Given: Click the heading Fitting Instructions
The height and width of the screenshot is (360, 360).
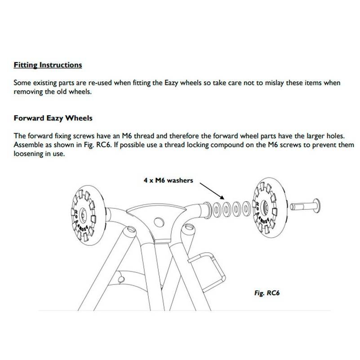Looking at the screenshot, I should [48, 65].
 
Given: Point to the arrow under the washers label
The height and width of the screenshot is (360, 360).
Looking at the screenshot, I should [211, 191].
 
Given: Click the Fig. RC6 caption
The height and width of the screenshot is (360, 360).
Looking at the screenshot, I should [267, 292].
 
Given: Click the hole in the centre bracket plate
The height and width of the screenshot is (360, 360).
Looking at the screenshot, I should [159, 222].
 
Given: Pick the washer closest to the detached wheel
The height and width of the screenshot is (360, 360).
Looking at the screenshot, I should [246, 209].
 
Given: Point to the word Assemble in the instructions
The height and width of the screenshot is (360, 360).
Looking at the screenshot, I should [28, 145].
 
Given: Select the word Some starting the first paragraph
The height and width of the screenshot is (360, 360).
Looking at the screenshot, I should [22, 83].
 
